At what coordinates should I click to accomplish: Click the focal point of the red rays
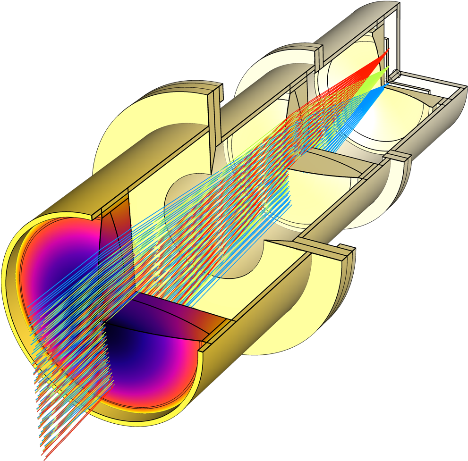pyautogui.click(x=389, y=49)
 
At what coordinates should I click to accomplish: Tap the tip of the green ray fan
pyautogui.click(x=388, y=68)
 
